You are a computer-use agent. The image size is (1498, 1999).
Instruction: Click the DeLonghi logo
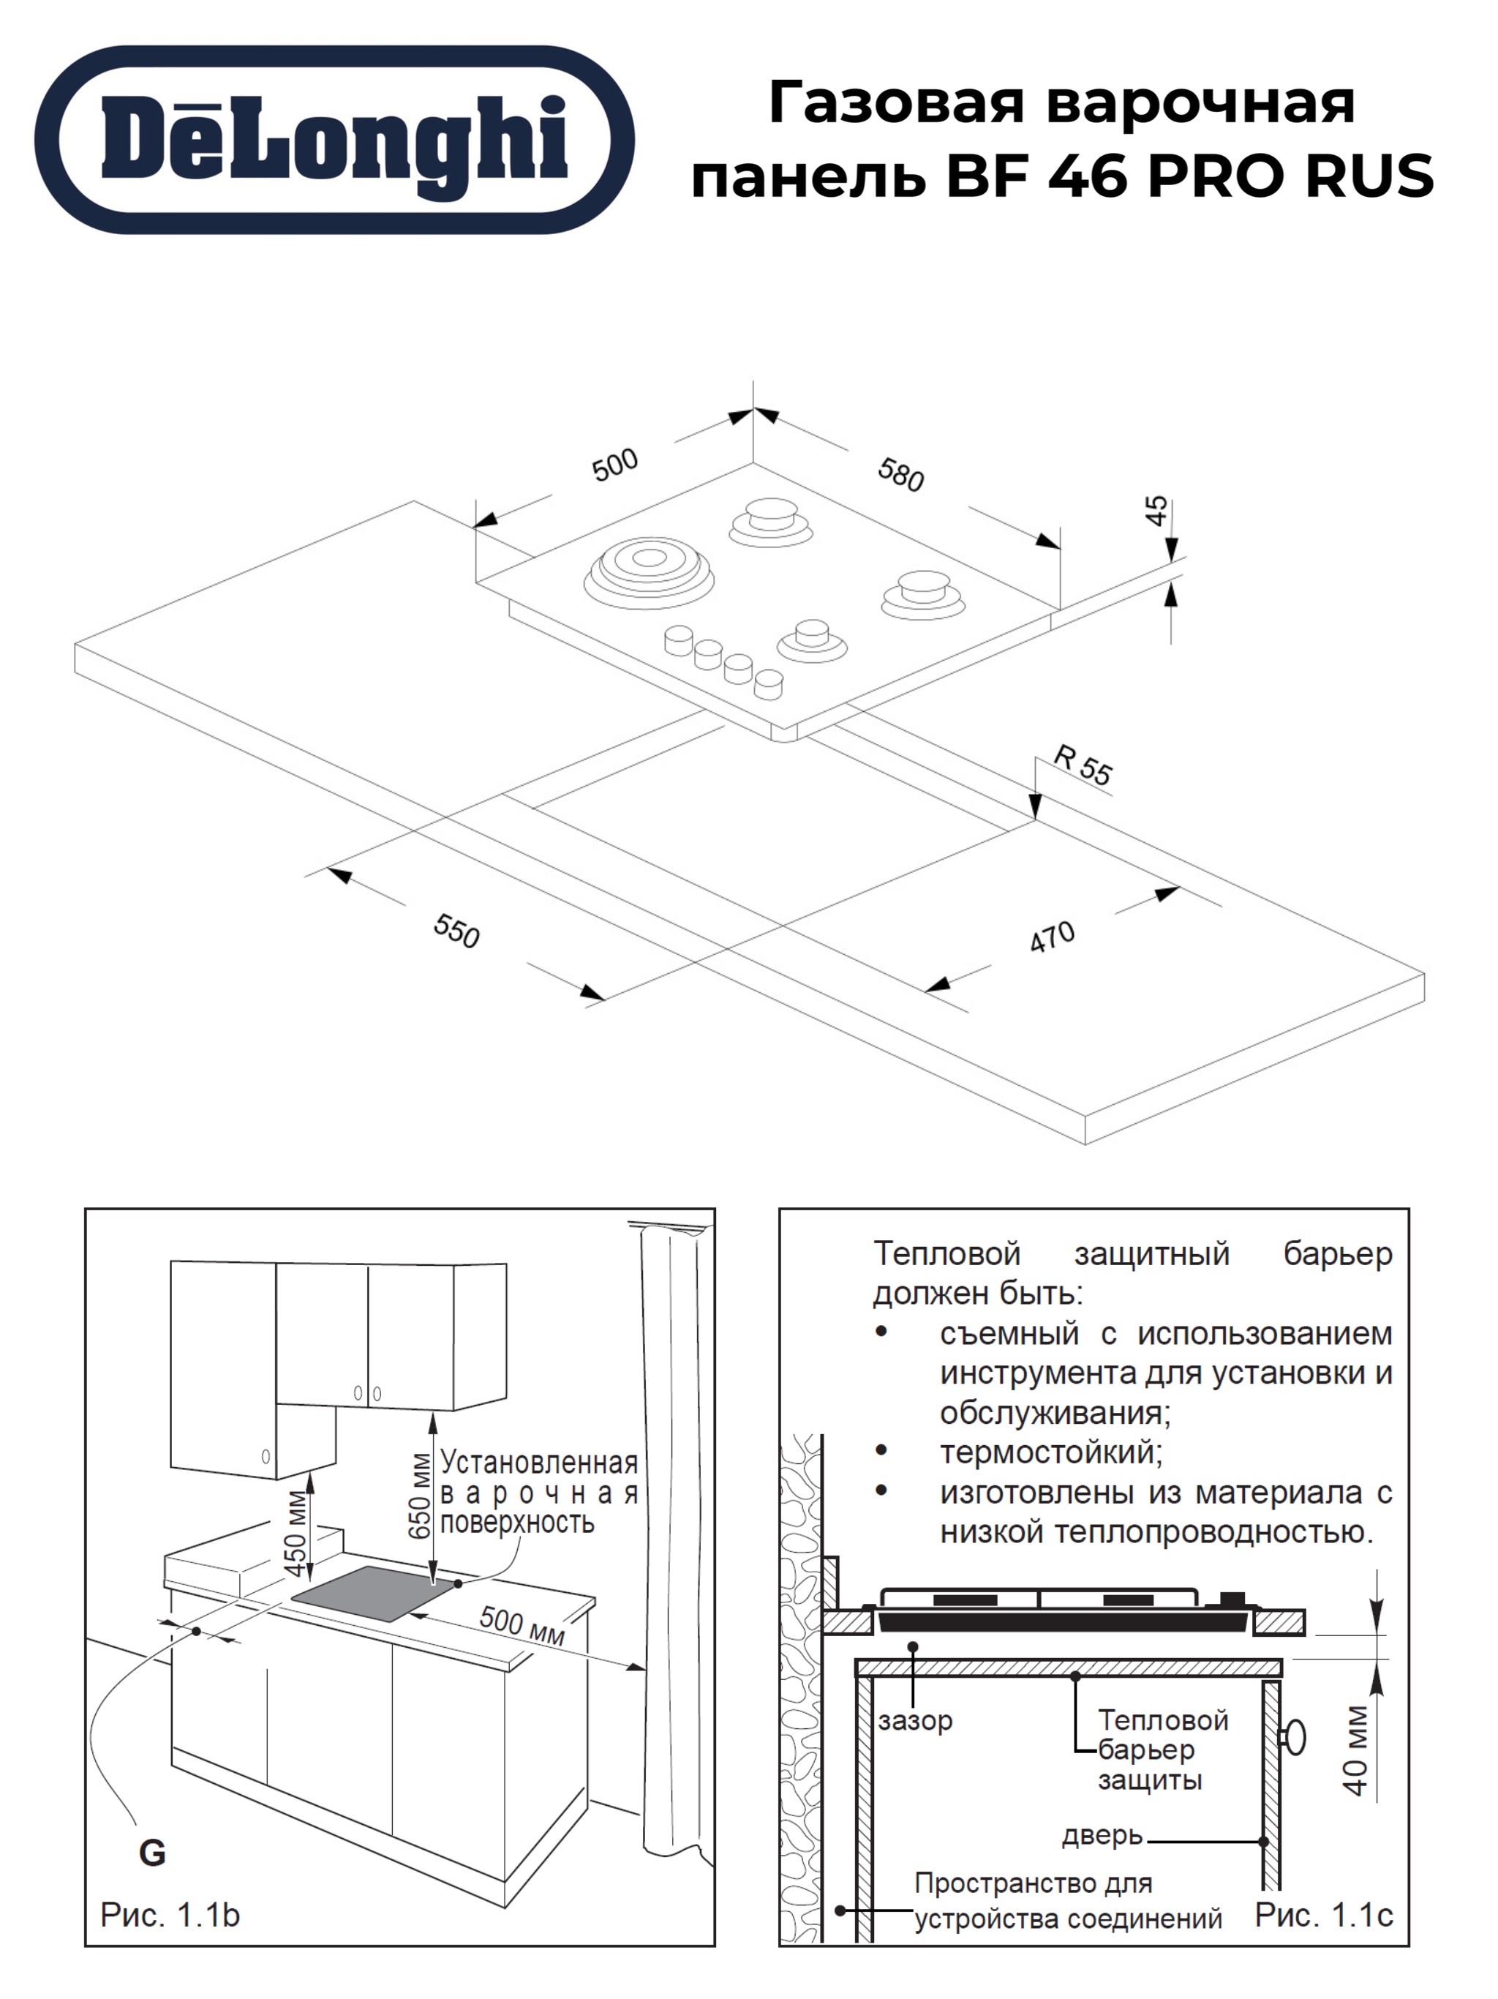coord(334,140)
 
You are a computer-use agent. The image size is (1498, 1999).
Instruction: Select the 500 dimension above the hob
coord(614,465)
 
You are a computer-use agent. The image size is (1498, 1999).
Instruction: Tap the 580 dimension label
coord(901,474)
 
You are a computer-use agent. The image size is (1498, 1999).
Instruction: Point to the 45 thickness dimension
coord(1156,511)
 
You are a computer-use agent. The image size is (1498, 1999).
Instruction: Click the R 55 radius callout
coord(1083,766)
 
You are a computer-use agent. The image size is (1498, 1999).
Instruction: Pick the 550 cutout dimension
coord(456,931)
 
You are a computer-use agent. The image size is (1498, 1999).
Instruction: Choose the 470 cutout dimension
coord(1053,937)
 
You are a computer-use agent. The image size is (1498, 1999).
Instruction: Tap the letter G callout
coord(152,1853)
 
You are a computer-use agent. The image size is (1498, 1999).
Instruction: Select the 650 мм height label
coord(420,1496)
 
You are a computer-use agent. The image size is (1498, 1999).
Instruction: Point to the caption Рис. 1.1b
coord(170,1914)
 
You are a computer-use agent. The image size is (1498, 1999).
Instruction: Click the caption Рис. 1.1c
coord(1324,1914)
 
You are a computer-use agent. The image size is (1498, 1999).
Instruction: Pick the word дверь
coord(1102,1835)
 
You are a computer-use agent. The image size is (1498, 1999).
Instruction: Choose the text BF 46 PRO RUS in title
coord(1190,176)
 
